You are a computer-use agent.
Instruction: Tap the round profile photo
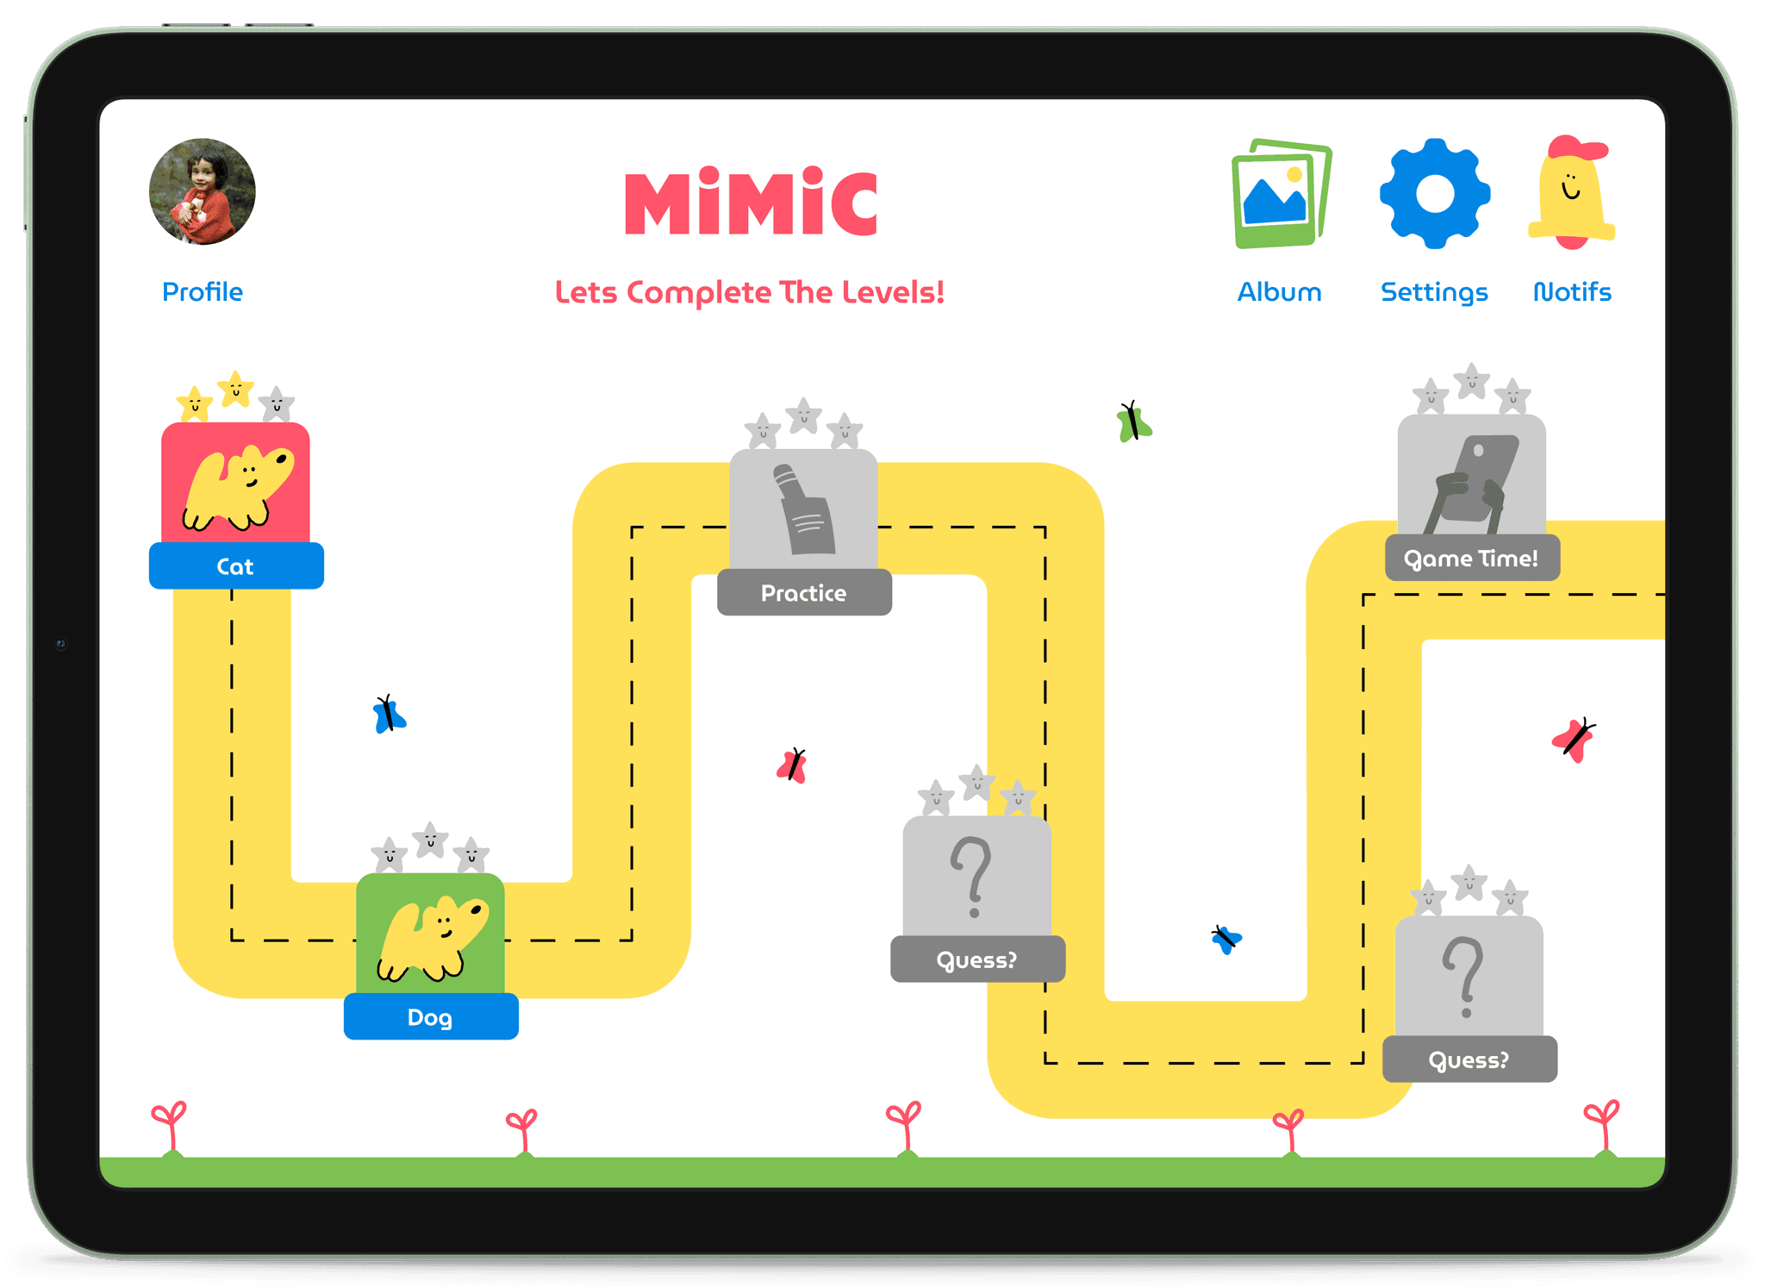pyautogui.click(x=203, y=191)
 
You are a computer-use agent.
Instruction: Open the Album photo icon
pyautogui.click(x=1281, y=193)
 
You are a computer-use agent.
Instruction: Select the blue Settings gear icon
pyautogui.click(x=1434, y=193)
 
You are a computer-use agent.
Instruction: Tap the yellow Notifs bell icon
pyautogui.click(x=1571, y=193)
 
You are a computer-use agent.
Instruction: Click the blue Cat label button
pyautogui.click(x=236, y=566)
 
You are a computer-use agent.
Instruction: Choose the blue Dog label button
pyautogui.click(x=431, y=1017)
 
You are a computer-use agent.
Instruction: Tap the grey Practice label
pyautogui.click(x=804, y=593)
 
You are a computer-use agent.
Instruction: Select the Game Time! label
pyautogui.click(x=1472, y=559)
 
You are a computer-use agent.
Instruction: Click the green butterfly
pyautogui.click(x=1133, y=422)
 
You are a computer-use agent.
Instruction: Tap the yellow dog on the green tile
pyautogui.click(x=433, y=940)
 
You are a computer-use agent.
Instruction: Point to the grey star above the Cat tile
pyautogui.click(x=277, y=403)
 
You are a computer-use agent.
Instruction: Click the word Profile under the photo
pyautogui.click(x=203, y=292)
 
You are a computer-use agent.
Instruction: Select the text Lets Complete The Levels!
pyautogui.click(x=750, y=292)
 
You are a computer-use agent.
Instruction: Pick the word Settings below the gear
pyautogui.click(x=1434, y=292)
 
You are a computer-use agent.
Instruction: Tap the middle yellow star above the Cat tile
pyautogui.click(x=235, y=389)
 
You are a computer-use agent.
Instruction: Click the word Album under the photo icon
pyautogui.click(x=1280, y=292)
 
